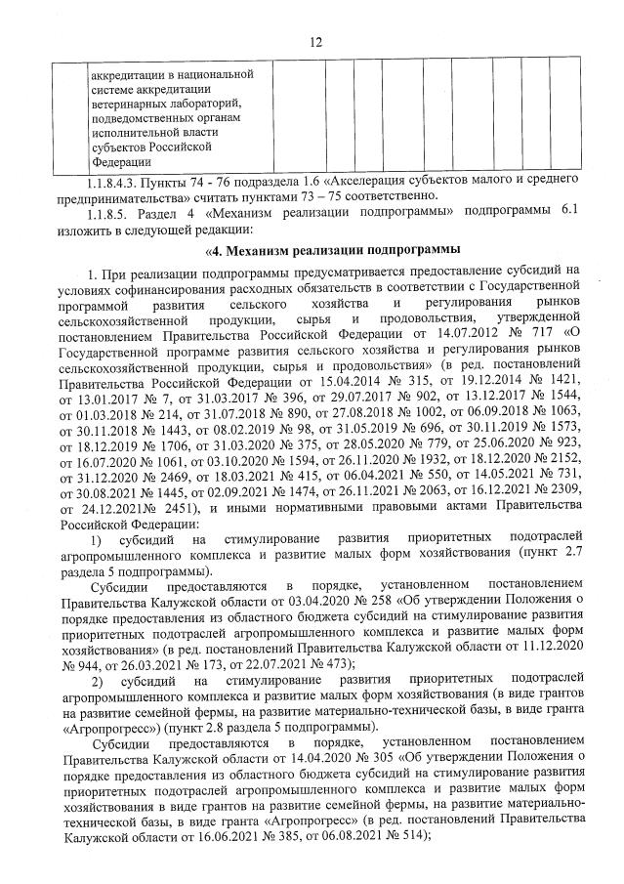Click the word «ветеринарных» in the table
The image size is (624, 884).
[x=127, y=104]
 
